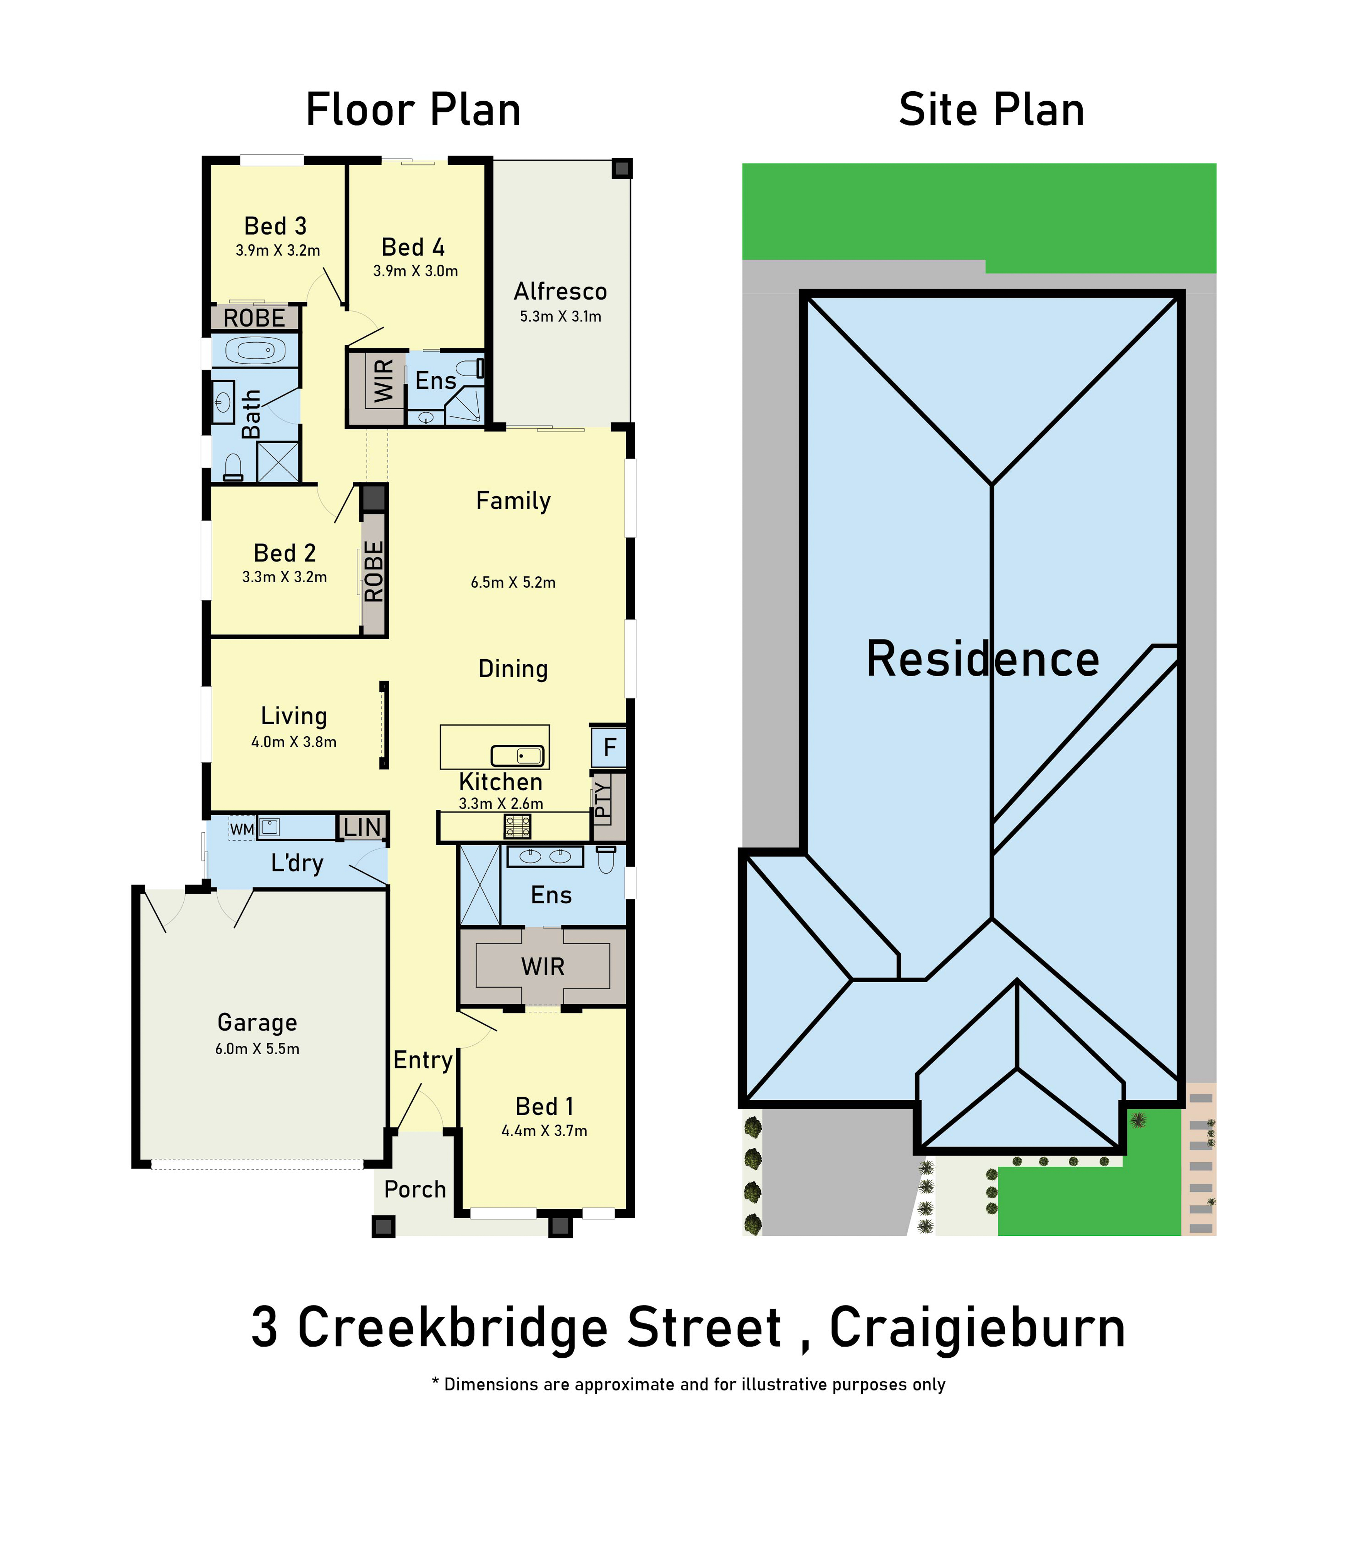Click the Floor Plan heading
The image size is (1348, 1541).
(413, 110)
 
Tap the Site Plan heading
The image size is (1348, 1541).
(991, 110)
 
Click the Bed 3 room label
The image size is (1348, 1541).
(275, 226)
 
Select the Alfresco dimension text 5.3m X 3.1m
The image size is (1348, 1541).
(560, 317)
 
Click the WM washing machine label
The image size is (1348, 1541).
(241, 829)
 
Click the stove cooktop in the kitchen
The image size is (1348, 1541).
(518, 827)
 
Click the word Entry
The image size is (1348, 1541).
(423, 1060)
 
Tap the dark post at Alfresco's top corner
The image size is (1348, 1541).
(621, 169)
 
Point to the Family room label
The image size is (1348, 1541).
(514, 501)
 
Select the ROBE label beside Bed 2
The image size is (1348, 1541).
(374, 571)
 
